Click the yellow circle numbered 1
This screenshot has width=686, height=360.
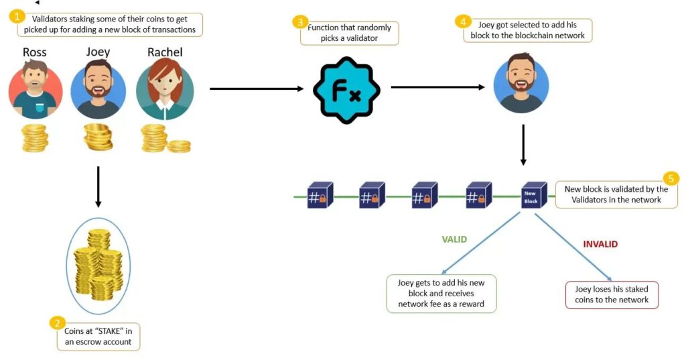[17, 15]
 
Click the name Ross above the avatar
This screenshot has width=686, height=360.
[35, 52]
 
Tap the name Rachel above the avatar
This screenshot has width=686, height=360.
[165, 52]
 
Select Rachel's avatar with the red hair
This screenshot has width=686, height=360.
[165, 91]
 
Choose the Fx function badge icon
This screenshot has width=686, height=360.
[346, 90]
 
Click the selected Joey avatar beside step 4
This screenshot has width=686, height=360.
[521, 83]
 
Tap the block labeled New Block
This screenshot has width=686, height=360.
[531, 196]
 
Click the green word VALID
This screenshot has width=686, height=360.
[454, 239]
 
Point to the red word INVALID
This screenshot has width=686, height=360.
[600, 244]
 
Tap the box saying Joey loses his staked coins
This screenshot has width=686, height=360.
[612, 295]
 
